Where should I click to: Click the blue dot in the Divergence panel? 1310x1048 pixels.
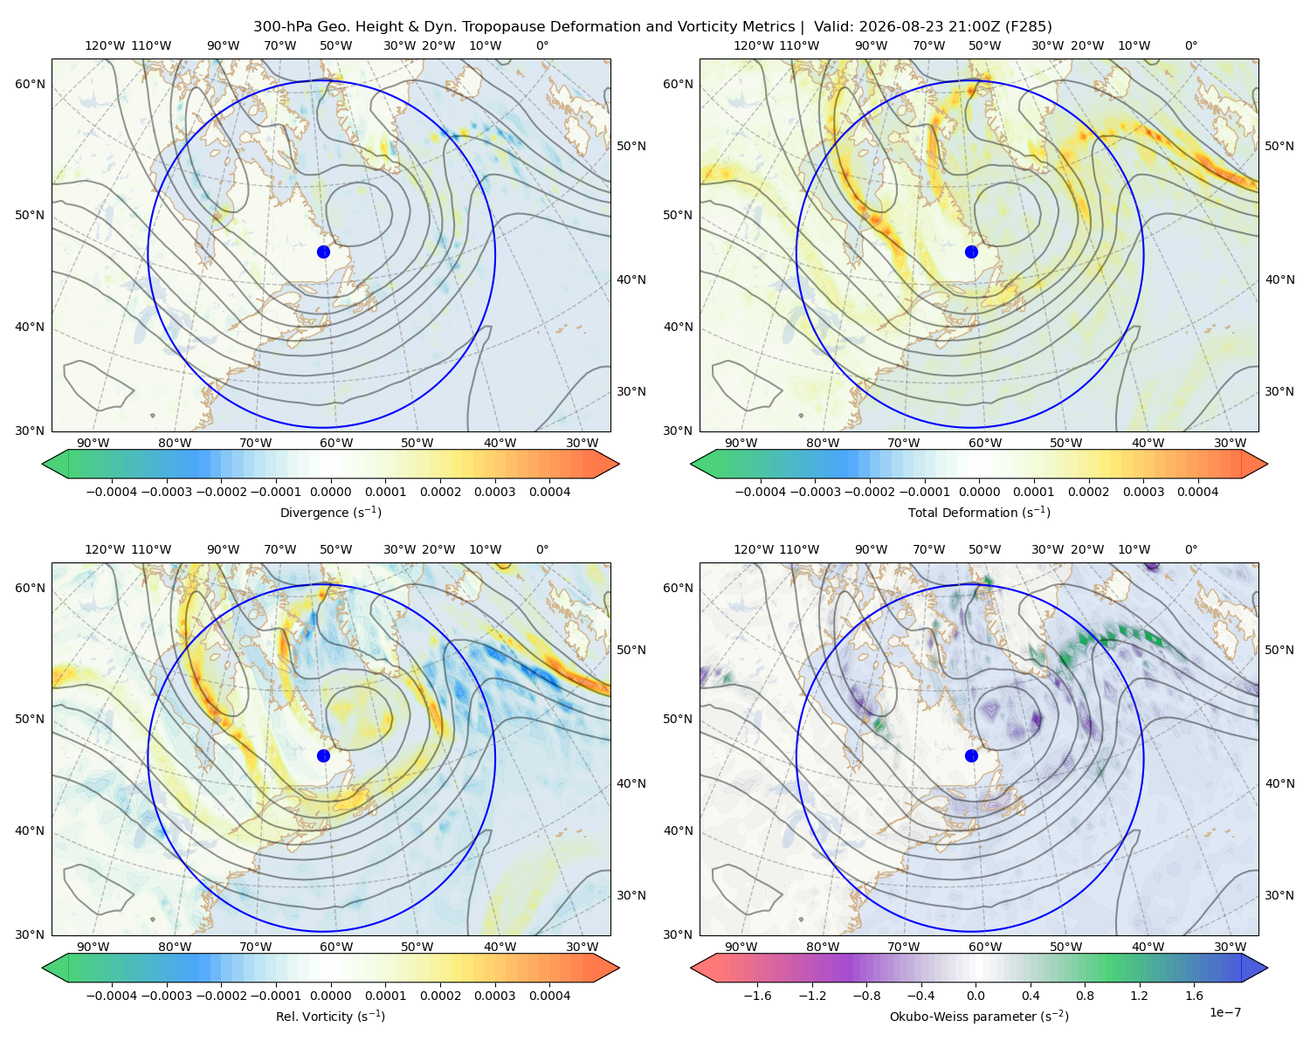point(323,252)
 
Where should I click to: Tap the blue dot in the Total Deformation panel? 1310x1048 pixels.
point(971,252)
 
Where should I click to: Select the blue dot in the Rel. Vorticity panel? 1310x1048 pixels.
point(323,755)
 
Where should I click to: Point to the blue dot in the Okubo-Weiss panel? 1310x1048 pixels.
point(971,755)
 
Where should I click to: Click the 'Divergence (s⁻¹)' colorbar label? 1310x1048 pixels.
point(330,512)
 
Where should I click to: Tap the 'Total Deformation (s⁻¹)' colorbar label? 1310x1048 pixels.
point(979,512)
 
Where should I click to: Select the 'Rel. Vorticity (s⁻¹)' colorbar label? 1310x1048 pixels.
point(330,1016)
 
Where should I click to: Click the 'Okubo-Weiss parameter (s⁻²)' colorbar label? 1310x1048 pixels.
point(979,1016)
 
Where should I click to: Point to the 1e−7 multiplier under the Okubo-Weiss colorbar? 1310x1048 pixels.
point(1224,1012)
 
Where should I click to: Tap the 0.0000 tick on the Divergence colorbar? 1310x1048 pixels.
point(330,492)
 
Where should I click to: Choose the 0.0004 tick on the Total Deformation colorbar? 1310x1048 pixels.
point(1197,492)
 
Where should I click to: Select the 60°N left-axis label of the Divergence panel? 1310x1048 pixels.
point(30,84)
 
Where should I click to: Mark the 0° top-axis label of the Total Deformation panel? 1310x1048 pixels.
point(1191,45)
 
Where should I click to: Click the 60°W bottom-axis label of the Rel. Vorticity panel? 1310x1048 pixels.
point(336,947)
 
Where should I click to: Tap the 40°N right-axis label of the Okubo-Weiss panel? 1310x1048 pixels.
point(1279,783)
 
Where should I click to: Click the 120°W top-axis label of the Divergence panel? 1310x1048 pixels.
point(105,45)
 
